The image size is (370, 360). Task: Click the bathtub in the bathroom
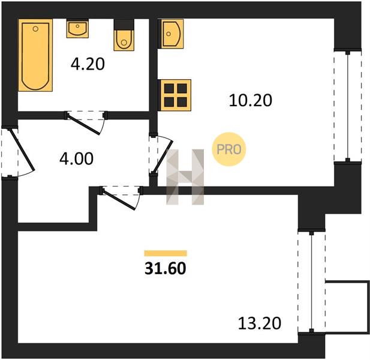pos(35,55)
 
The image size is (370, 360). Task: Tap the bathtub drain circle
pos(35,29)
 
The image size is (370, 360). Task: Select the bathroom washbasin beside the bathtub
pos(77,29)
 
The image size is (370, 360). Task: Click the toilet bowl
pos(124,40)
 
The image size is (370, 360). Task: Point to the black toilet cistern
pos(124,25)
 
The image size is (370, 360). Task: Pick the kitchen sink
pos(172,34)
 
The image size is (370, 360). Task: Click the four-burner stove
pos(176,95)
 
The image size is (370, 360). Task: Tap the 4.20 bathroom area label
pos(88,64)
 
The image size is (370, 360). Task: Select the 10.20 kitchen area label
pos(250,100)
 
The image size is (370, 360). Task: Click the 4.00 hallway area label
pos(76,158)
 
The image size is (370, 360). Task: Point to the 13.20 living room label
pos(260,323)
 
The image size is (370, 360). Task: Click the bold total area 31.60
pos(165,268)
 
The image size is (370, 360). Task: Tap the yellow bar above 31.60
pos(166,253)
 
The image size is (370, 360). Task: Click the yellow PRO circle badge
pos(229,149)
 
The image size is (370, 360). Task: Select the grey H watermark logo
pos(185,177)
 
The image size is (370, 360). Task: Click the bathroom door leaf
pos(83,125)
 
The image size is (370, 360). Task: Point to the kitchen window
pos(347,106)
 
